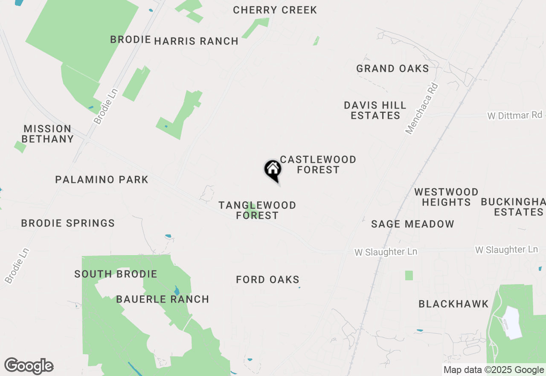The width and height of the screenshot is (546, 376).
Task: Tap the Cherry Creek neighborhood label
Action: pos(275,10)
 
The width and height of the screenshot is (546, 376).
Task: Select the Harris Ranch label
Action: pos(196,41)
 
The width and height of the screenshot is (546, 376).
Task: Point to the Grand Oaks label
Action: pos(392,68)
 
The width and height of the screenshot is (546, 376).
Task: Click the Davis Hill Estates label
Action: pos(375,110)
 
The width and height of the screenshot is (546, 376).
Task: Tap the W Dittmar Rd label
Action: pos(515,115)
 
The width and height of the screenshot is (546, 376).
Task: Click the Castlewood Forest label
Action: pos(318,164)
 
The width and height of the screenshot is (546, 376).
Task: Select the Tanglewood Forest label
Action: pos(257,210)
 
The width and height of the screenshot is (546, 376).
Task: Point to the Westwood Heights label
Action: pos(446,197)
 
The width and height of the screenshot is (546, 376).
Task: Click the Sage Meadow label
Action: pos(412,224)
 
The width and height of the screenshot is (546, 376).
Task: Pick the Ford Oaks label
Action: pos(267,279)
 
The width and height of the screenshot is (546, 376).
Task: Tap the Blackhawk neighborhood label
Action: pos(453,304)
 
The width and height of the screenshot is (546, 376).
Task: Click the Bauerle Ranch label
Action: pos(163,299)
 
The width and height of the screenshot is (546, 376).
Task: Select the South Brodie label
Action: pos(116,274)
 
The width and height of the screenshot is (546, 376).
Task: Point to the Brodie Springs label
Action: pos(68,223)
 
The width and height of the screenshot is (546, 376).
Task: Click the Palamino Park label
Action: pos(102,179)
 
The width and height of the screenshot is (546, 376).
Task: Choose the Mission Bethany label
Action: pos(47,134)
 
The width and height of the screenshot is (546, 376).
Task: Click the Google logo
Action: pos(29,366)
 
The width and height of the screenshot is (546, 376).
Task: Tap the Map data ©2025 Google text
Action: pos(494,370)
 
